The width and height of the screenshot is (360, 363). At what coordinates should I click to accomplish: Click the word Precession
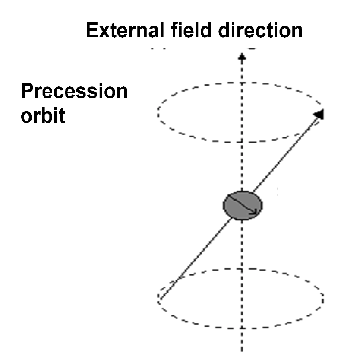point(74,92)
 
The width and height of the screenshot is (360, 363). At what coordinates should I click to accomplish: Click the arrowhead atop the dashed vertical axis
point(243,57)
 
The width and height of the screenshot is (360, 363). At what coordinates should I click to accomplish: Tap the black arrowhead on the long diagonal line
point(319,114)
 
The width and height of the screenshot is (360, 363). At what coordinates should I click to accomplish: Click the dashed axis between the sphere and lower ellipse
point(243,246)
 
